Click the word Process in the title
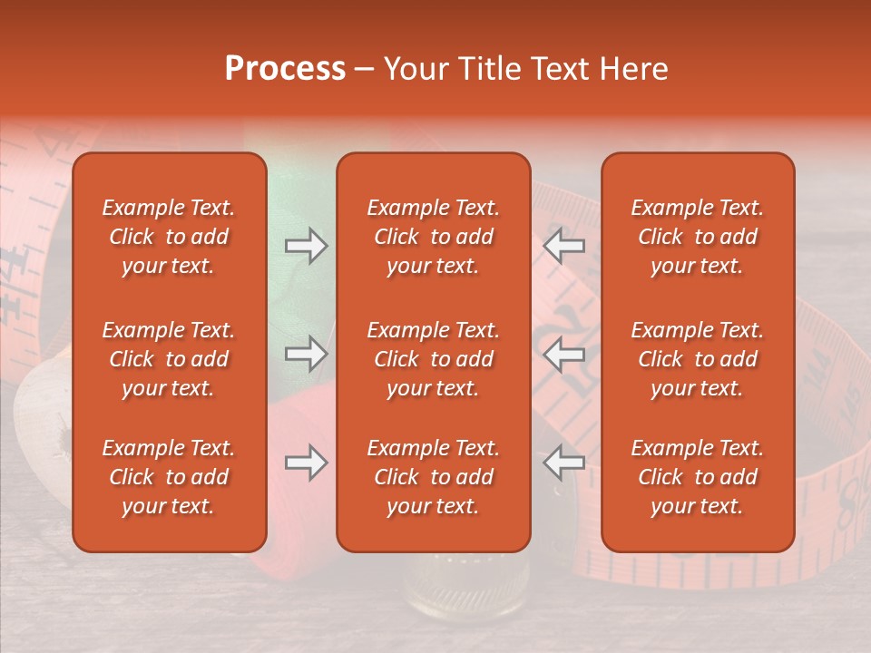(x=285, y=69)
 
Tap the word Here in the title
(x=634, y=69)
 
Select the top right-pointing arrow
(x=306, y=245)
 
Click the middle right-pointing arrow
(x=306, y=355)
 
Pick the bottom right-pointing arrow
(x=306, y=463)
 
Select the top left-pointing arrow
(x=564, y=245)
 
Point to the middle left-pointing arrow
(x=564, y=355)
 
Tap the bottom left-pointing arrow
(x=564, y=463)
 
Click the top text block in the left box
(x=169, y=237)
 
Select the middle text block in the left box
(x=169, y=359)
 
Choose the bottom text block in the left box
(x=169, y=477)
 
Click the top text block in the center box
(x=433, y=237)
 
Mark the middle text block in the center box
(x=433, y=359)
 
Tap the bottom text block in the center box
(x=433, y=477)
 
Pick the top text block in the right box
(x=697, y=237)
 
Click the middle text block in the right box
(x=697, y=359)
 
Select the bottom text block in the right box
(x=697, y=477)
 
